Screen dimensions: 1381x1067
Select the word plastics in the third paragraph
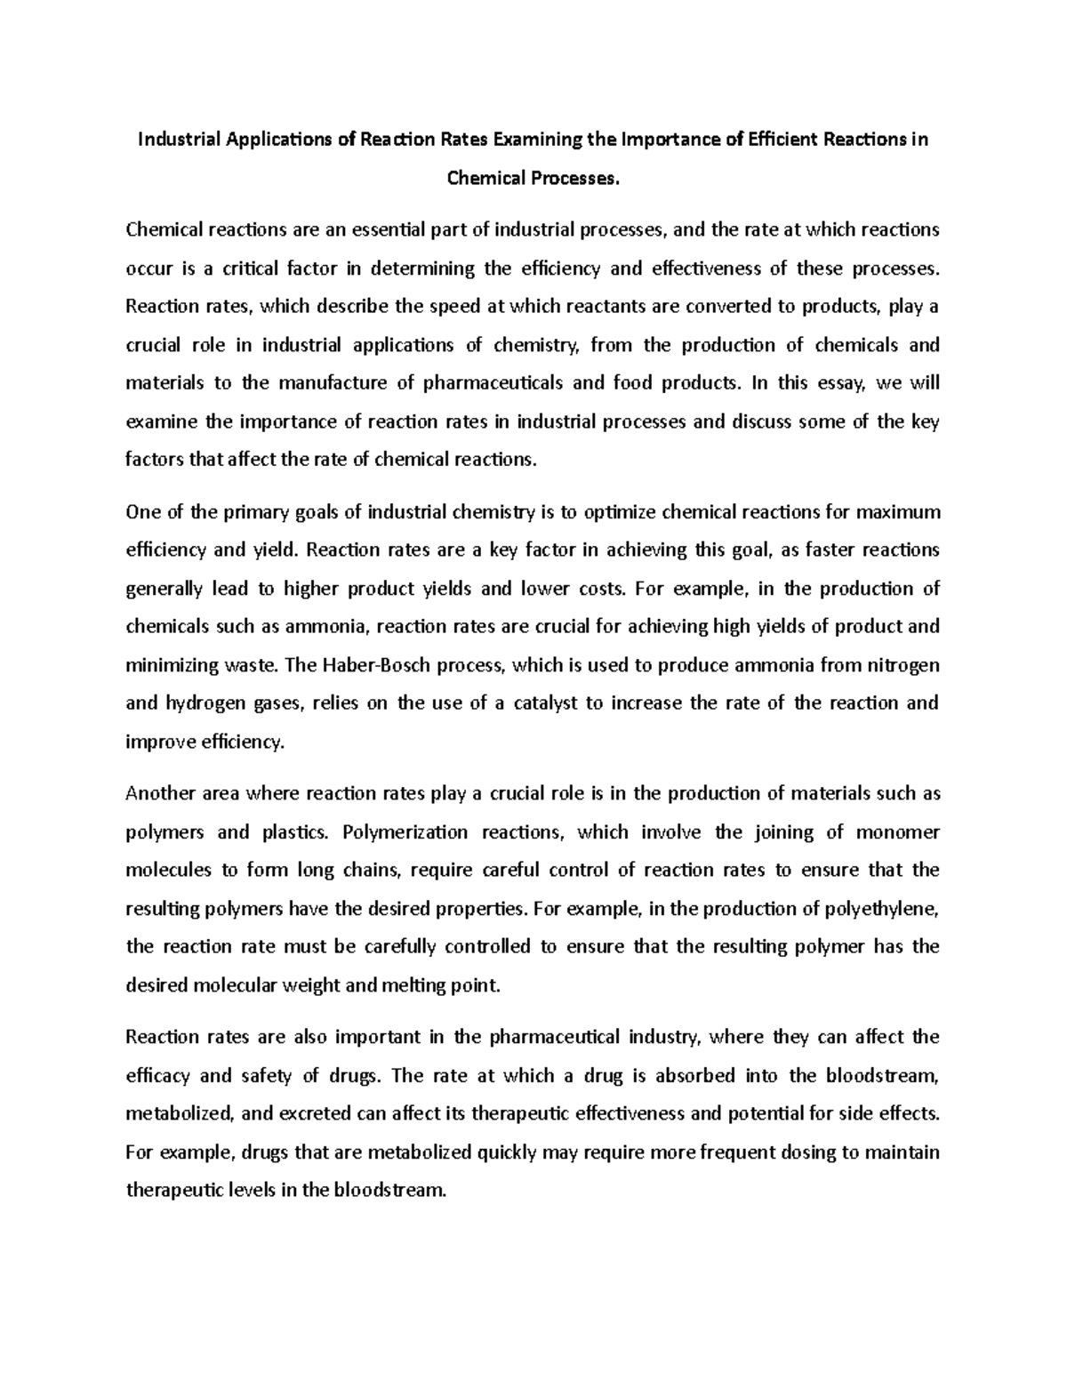click(x=295, y=832)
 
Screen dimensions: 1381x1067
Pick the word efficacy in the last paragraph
click(x=158, y=1076)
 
